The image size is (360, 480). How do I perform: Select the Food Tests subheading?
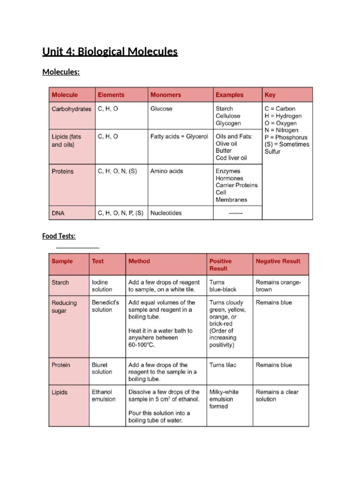coord(59,236)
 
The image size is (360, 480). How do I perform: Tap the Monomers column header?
coord(165,95)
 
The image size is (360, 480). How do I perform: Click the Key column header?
coord(270,95)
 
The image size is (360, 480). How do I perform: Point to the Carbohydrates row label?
coord(71,109)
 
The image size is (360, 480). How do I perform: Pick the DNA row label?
coord(58,213)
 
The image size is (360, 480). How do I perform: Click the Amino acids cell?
coord(166,171)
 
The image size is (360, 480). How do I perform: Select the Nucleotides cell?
coord(166,213)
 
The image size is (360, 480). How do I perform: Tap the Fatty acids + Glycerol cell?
coord(179,136)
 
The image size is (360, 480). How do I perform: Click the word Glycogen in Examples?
coord(228,123)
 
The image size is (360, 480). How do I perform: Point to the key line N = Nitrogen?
coord(281,130)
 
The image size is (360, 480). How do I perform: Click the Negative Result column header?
coord(278,261)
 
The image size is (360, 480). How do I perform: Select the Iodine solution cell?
coord(102,286)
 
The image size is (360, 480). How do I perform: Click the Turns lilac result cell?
coord(223,365)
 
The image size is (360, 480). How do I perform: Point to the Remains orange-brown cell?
coord(278,286)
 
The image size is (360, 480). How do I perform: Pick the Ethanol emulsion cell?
coord(103,396)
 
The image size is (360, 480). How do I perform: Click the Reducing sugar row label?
coord(64,307)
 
